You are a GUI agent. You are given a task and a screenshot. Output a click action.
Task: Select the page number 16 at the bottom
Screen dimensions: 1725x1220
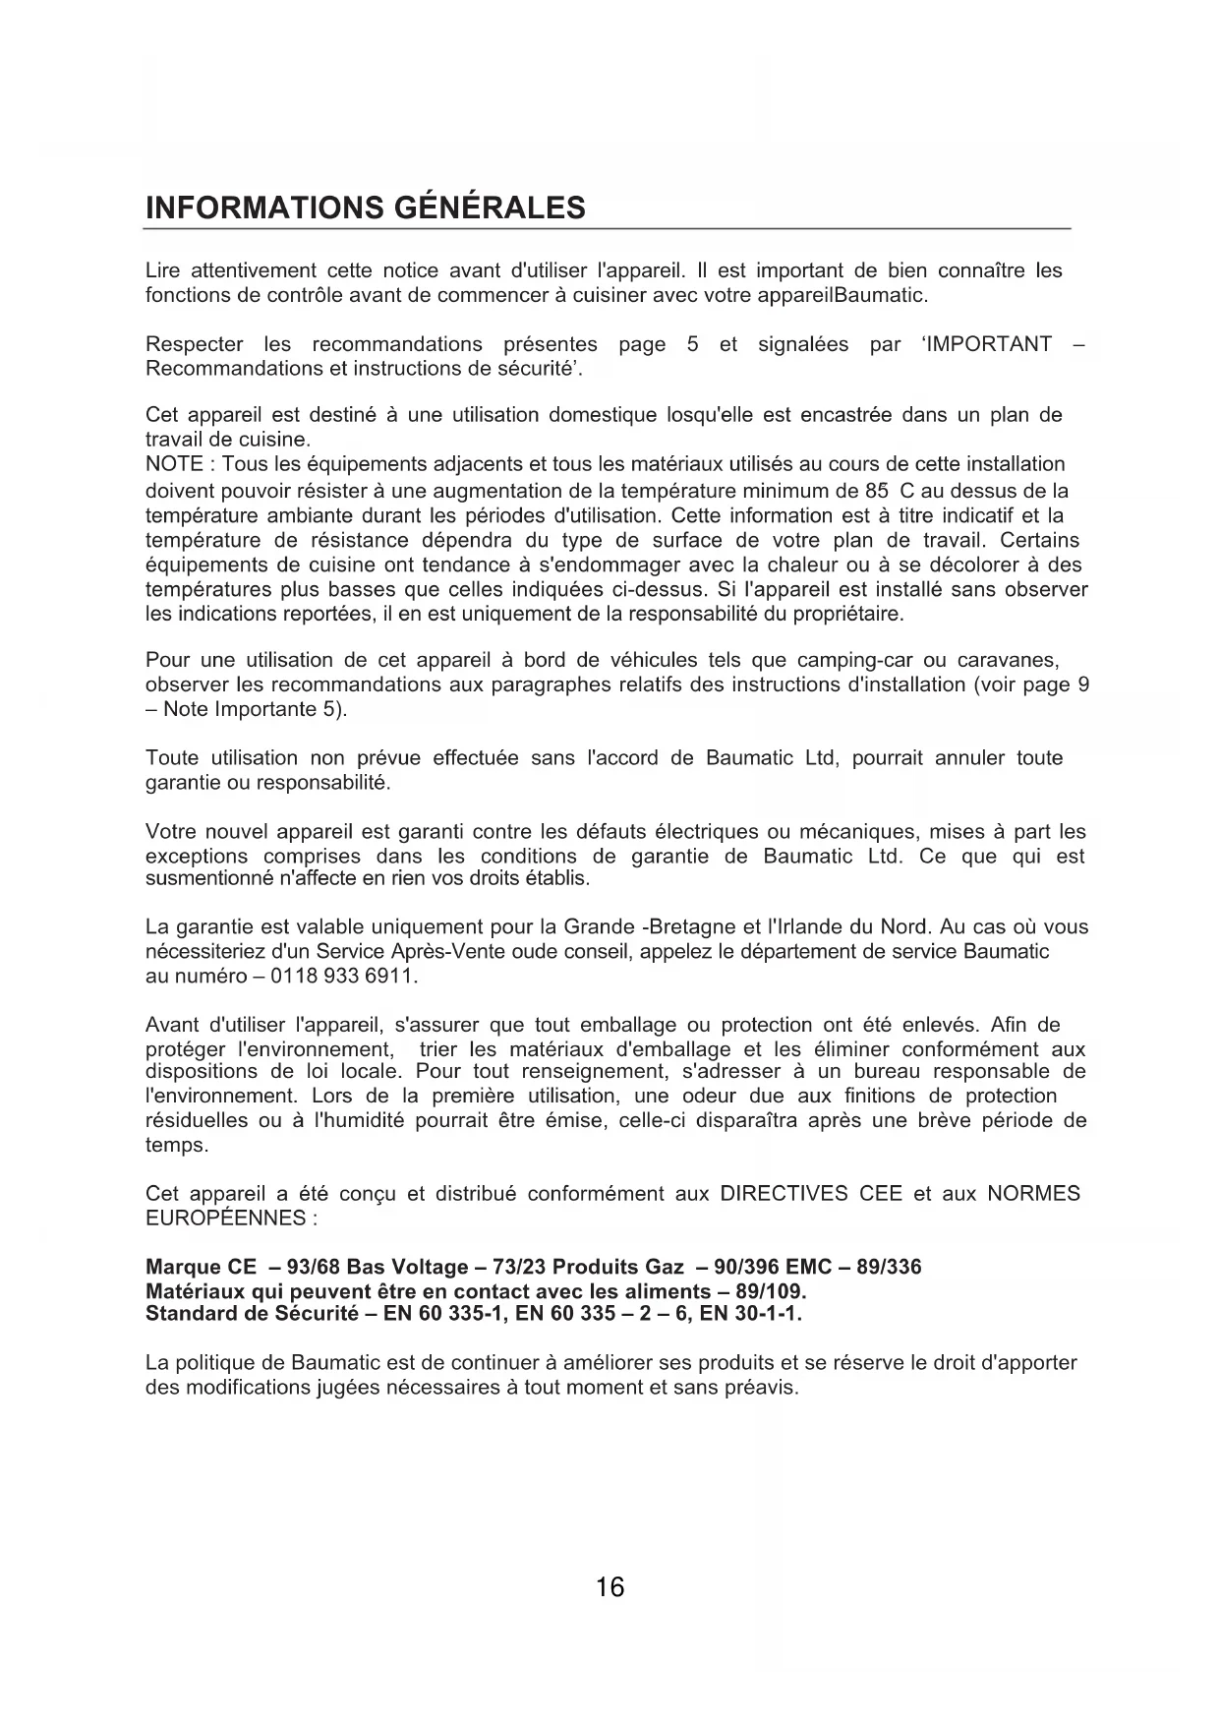(610, 1587)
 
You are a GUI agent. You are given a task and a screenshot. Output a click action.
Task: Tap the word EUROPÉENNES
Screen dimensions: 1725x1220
(225, 1219)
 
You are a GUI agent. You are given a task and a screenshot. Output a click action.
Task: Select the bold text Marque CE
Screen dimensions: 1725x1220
(201, 1267)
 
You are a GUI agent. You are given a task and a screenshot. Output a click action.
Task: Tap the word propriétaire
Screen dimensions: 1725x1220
(848, 615)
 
